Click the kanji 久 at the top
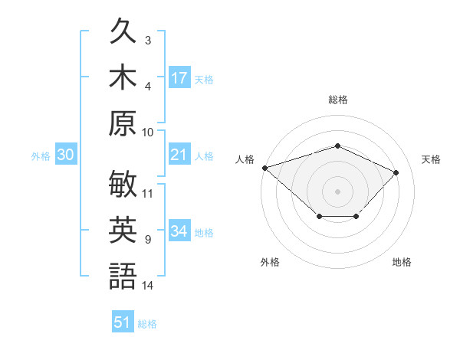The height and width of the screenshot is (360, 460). click(x=123, y=30)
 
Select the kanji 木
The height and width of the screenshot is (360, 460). click(x=123, y=77)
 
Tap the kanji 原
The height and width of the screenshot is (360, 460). click(x=123, y=123)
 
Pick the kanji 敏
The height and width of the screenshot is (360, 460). click(x=123, y=184)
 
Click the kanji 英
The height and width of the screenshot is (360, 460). click(x=123, y=230)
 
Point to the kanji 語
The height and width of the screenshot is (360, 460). click(x=123, y=276)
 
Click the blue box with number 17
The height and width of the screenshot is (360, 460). click(x=180, y=77)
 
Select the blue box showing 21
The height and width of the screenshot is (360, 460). click(x=180, y=154)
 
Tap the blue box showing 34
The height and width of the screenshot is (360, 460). click(x=180, y=230)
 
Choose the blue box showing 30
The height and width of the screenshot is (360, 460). click(x=66, y=154)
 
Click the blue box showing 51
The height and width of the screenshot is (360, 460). click(x=123, y=321)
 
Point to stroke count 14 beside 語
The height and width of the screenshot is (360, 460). click(x=147, y=285)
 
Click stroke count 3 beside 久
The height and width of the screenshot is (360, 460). click(x=148, y=40)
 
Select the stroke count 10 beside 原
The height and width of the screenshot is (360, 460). click(x=147, y=133)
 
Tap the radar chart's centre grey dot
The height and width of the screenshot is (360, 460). click(x=337, y=191)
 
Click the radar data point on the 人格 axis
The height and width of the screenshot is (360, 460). click(x=265, y=168)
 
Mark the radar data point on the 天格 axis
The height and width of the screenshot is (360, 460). click(x=396, y=172)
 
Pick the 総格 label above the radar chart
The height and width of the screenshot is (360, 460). click(x=338, y=100)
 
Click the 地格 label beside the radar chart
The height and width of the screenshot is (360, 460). click(x=402, y=262)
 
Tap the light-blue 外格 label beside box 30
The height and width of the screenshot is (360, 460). click(x=41, y=156)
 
